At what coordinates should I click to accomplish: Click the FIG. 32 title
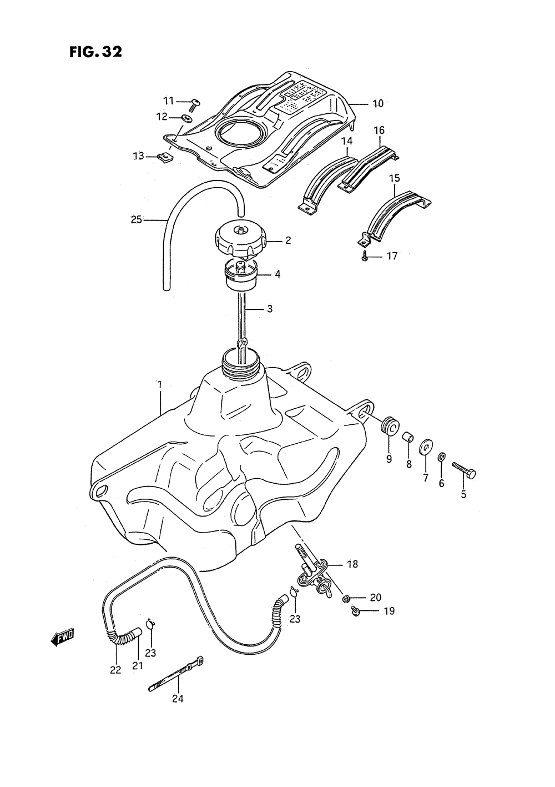95,52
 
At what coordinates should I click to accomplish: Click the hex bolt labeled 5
464,470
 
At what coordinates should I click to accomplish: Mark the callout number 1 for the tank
159,384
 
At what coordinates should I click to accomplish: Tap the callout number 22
115,669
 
